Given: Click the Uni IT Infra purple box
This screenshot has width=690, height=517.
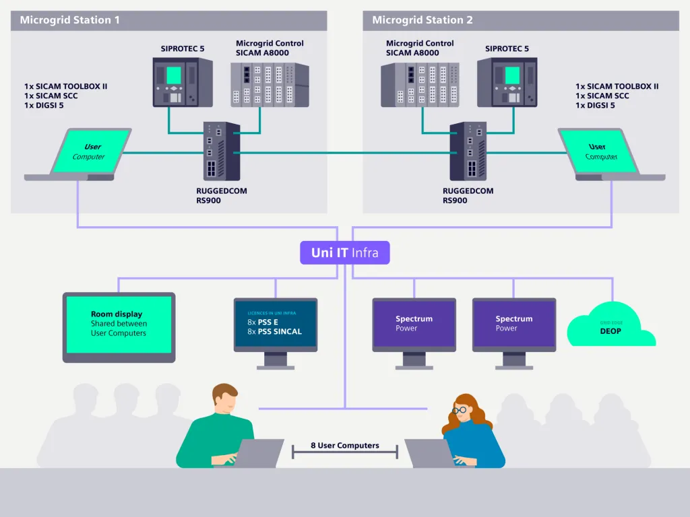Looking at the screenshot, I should coord(344,253).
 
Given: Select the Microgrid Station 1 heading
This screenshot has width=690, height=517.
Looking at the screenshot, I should coord(69,20).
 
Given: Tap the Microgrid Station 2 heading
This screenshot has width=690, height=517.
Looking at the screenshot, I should coord(422,20).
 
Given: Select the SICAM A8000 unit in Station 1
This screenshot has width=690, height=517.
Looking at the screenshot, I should coord(269,85).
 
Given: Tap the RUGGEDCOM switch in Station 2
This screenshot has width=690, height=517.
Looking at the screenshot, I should coord(468,151).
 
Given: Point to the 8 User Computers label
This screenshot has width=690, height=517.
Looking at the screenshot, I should coord(344,446).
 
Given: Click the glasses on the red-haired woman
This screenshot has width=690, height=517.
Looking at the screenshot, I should coord(460,409).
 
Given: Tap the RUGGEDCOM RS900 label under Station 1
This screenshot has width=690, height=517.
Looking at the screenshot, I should coord(221,196).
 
